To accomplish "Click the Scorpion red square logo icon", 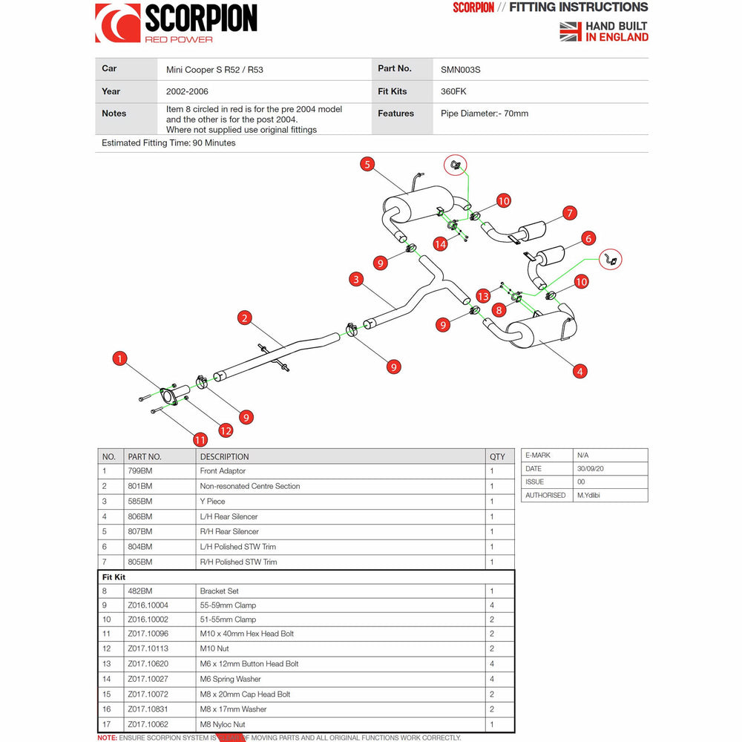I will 117,23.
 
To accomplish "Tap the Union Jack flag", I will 570,31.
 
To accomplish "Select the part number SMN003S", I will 460,70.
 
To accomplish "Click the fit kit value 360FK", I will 454,92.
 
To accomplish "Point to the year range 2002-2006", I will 187,92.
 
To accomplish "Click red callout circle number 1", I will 120,358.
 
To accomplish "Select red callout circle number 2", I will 245,318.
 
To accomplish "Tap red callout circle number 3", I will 357,279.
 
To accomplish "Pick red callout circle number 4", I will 580,370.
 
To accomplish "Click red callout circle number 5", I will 368,164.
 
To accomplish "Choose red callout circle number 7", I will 569,213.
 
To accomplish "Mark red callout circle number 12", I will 226,430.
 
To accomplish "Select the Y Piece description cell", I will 212,502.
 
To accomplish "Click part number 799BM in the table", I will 139,471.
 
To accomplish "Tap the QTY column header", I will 497,456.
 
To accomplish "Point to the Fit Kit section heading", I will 114,577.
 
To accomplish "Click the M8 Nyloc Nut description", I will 223,724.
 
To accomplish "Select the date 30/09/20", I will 591,468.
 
